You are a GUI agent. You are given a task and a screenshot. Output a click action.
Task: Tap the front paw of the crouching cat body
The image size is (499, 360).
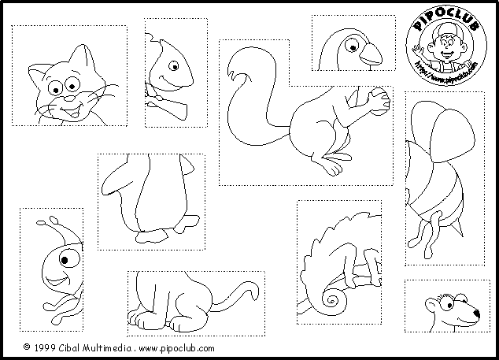[x=142, y=320]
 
